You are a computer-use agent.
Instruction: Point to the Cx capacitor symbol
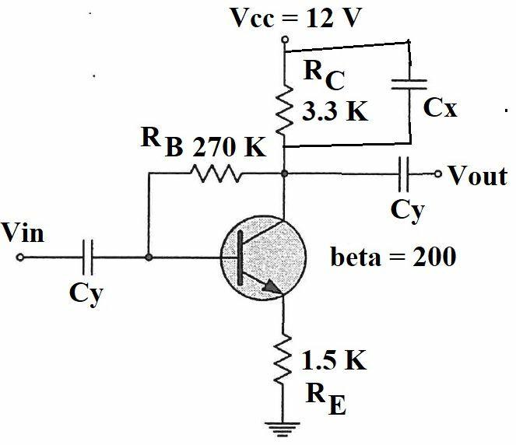pyautogui.click(x=411, y=88)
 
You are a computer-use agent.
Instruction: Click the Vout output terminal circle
pyautogui.click(x=440, y=174)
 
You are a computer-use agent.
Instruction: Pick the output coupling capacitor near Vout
pyautogui.click(x=404, y=174)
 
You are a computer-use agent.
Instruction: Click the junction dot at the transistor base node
pyautogui.click(x=148, y=256)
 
